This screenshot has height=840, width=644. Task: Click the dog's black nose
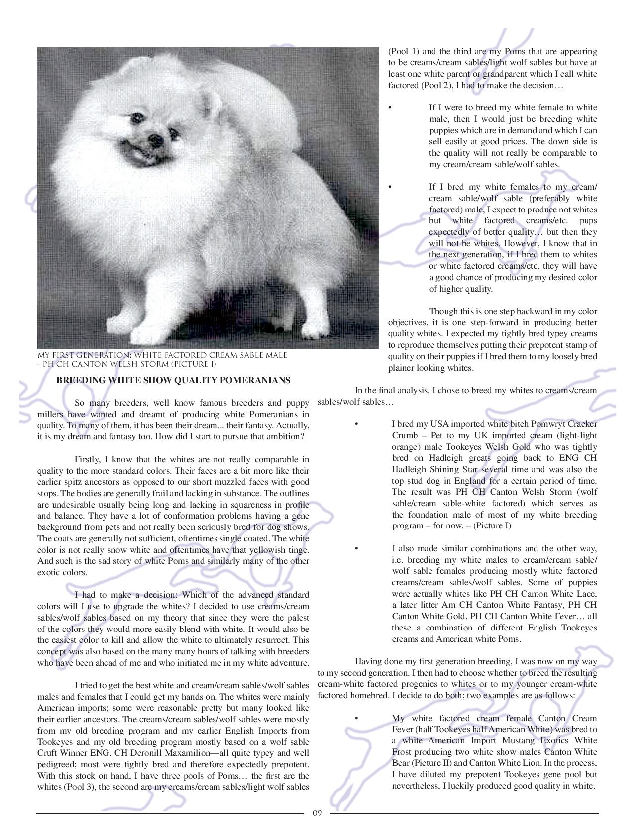(x=156, y=138)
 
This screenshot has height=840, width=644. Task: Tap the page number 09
(x=317, y=814)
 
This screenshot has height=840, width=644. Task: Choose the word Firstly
(x=88, y=459)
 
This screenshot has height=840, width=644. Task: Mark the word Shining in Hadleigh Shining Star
(x=447, y=469)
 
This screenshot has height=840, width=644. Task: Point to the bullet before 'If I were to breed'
(x=390, y=108)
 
